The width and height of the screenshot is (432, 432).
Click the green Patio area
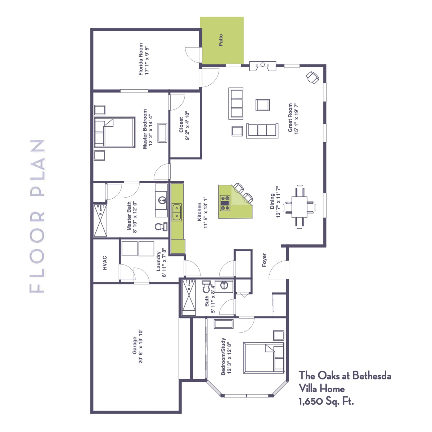pos(222,40)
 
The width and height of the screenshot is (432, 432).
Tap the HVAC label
pos(105,263)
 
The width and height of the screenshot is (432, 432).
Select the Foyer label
pos(264,260)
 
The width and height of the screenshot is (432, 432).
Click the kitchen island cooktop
pos(225,203)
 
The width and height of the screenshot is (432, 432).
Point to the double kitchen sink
pos(177,212)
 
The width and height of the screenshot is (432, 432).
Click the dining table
pos(300,207)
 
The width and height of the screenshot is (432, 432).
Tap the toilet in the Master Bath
pos(161,226)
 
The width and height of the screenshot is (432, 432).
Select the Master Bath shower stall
pos(100,220)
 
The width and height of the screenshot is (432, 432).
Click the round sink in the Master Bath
pos(162,199)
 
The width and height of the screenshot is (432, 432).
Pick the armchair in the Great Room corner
pos(312,77)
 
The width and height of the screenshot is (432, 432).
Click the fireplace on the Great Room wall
pos(263,66)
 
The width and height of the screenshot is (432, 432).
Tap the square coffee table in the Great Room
pos(262,105)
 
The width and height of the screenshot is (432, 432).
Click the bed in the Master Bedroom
pos(114,132)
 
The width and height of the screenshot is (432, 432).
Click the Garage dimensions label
pos(140,346)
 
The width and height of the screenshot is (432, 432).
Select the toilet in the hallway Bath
pos(206,287)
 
